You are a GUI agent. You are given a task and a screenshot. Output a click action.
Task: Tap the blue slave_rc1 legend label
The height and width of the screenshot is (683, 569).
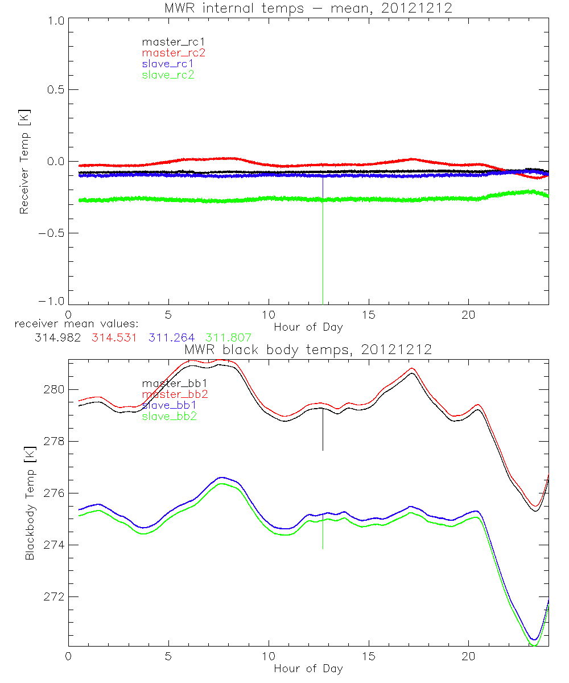168,64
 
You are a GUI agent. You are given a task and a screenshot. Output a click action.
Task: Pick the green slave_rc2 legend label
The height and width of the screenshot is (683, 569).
168,75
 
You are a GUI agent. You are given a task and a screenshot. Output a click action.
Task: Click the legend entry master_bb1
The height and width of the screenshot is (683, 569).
168,384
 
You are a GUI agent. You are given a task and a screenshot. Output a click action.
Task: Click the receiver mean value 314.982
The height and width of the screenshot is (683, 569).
57,338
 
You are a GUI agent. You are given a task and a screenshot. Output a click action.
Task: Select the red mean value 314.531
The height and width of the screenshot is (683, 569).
114,338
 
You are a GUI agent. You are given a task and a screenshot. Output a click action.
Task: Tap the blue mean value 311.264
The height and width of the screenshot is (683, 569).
171,338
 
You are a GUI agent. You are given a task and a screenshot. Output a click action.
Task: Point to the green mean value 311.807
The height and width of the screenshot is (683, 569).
229,338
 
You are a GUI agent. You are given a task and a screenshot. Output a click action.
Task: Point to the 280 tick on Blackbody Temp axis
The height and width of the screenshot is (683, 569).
54,390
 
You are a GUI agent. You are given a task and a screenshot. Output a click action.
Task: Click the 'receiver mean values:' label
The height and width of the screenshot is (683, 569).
72,324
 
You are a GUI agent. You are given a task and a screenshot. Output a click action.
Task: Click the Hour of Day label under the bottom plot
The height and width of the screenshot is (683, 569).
308,668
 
